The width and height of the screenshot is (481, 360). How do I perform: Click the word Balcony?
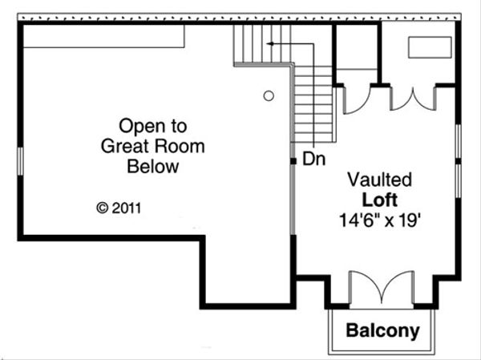click(x=383, y=330)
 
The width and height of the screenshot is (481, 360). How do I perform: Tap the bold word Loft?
click(x=379, y=198)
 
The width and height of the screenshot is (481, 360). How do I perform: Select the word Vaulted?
click(x=379, y=179)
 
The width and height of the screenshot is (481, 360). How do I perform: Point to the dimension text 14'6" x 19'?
click(x=379, y=217)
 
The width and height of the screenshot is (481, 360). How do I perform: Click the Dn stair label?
click(x=313, y=159)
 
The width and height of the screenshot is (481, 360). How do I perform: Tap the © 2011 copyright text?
click(x=119, y=207)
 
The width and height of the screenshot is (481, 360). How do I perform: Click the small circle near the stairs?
click(x=269, y=96)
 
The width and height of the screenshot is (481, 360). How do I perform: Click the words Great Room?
click(x=152, y=147)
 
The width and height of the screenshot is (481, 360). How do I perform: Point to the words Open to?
click(x=152, y=126)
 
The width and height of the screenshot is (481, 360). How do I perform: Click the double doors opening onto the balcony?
click(x=382, y=289)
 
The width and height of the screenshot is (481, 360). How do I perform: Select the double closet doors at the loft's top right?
click(x=414, y=97)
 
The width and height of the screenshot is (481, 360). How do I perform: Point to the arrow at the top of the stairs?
click(x=272, y=42)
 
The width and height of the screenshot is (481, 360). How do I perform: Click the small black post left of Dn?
click(x=293, y=160)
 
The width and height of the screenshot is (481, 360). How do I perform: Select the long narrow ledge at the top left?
click(x=105, y=36)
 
